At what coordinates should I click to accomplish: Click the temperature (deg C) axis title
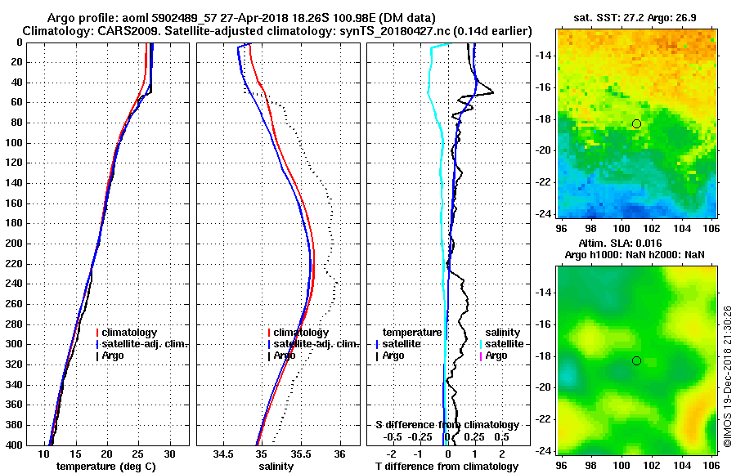101,467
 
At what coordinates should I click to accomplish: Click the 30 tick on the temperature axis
169,454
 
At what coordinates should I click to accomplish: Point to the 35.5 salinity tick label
301,454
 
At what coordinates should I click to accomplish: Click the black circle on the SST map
636,123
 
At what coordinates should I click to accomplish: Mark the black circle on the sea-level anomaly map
636,360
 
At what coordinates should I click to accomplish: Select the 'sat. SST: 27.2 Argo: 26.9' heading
635,17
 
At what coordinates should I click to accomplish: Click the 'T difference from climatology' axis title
447,467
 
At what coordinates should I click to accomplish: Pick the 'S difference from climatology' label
447,425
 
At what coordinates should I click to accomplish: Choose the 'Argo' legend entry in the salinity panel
285,355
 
